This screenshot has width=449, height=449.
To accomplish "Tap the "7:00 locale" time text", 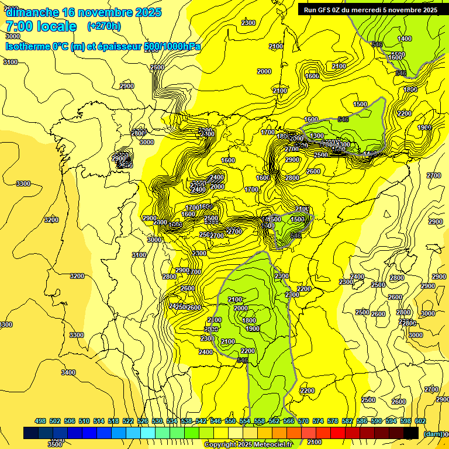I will click(x=42, y=26).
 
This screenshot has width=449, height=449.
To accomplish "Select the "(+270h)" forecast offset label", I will click(x=104, y=26).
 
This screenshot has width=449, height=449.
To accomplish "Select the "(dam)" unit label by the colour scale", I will click(x=432, y=434).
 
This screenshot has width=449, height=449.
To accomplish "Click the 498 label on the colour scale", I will click(x=40, y=421).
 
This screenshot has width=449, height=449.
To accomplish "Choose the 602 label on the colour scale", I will click(x=420, y=421).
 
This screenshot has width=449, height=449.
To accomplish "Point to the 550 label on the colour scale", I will click(x=230, y=421).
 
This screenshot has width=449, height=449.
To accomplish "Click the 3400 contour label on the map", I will click(x=68, y=372).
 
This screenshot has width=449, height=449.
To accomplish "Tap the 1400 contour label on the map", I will click(x=405, y=39).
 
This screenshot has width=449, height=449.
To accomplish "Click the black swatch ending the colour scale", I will click(x=411, y=433).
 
